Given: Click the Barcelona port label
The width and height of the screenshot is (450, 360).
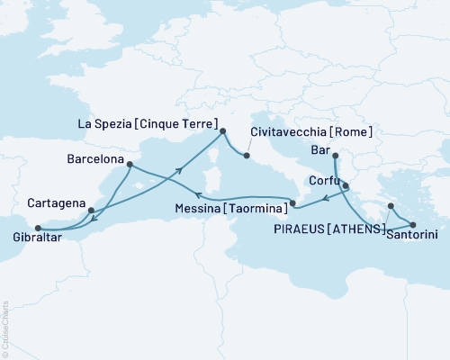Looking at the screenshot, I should tap(98, 154).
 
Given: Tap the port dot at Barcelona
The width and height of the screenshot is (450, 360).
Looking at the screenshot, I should tap(130, 164).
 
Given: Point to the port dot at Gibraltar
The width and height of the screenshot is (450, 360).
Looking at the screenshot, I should tap(37, 228).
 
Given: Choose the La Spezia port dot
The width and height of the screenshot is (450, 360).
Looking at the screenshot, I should tap(223, 131).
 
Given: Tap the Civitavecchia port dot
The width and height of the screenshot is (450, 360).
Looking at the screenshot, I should tap(246, 156).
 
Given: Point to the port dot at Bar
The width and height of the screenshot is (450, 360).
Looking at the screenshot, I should tap(334, 157).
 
